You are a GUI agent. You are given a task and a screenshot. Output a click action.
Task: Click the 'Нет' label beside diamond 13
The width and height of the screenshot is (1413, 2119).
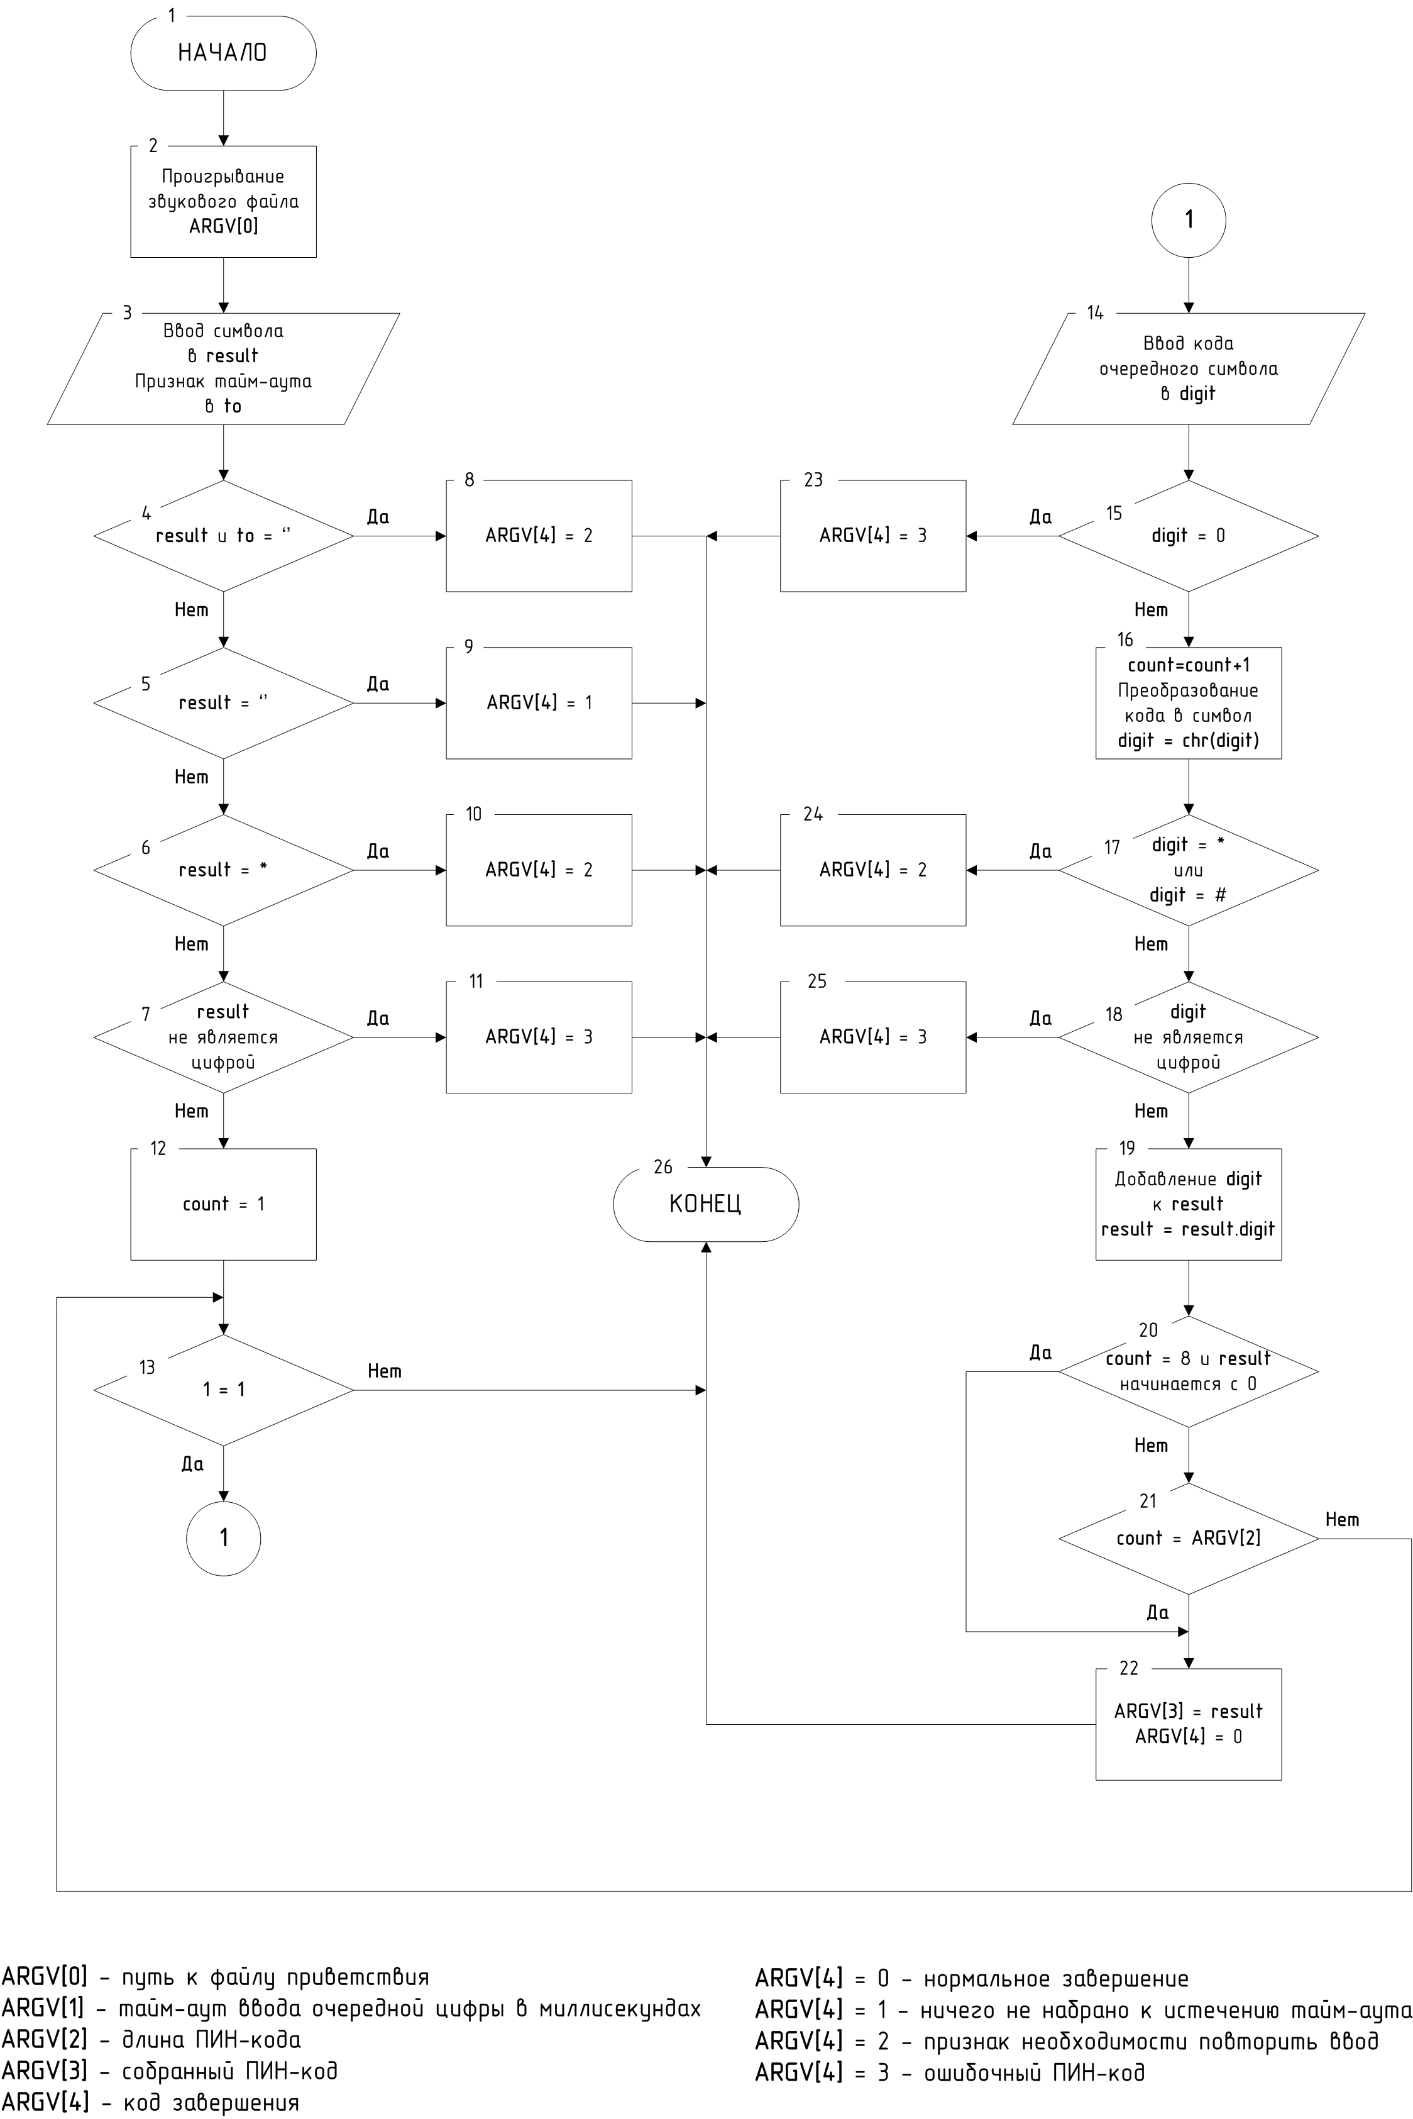tap(385, 1371)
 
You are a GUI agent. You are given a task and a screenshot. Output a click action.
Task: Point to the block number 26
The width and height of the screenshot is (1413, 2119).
tap(663, 1167)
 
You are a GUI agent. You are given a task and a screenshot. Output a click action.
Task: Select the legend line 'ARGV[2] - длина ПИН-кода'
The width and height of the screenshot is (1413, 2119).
tap(151, 2040)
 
